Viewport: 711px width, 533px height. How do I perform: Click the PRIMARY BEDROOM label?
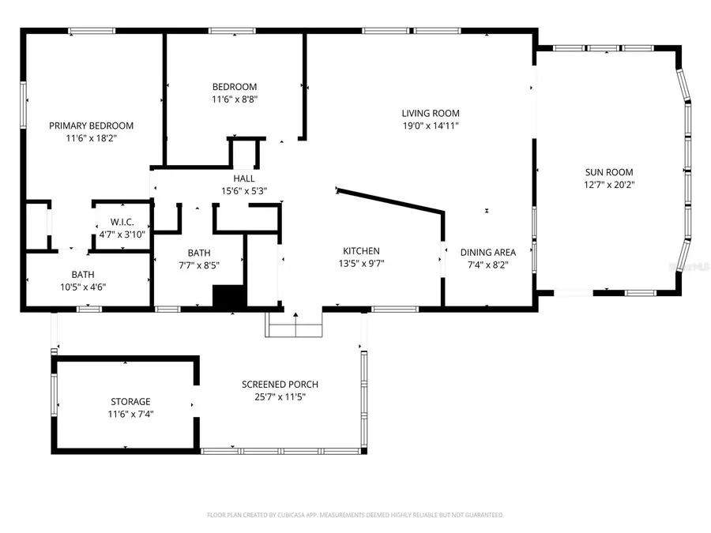(91, 126)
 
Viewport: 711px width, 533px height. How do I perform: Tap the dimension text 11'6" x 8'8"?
(234, 99)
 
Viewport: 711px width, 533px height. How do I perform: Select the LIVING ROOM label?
(430, 113)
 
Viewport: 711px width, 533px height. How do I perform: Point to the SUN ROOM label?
(608, 172)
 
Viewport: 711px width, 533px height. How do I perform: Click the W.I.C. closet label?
(122, 222)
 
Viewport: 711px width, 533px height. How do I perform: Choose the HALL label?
(243, 178)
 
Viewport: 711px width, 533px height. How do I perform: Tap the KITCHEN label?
(361, 251)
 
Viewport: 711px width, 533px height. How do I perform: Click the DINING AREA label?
(483, 253)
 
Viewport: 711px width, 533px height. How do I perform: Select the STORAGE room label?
(130, 401)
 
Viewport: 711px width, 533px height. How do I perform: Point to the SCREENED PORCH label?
(280, 385)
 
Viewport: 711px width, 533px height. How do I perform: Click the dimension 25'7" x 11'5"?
(280, 397)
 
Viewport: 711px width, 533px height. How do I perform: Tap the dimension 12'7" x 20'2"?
(608, 186)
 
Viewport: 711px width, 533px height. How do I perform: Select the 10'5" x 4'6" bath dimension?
(84, 287)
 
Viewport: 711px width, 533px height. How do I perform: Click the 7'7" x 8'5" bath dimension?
(199, 266)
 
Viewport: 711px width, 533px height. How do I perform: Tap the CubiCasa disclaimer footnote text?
(355, 515)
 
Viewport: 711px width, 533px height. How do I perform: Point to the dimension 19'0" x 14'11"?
(430, 126)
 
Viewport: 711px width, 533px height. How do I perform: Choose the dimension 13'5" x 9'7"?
(361, 265)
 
